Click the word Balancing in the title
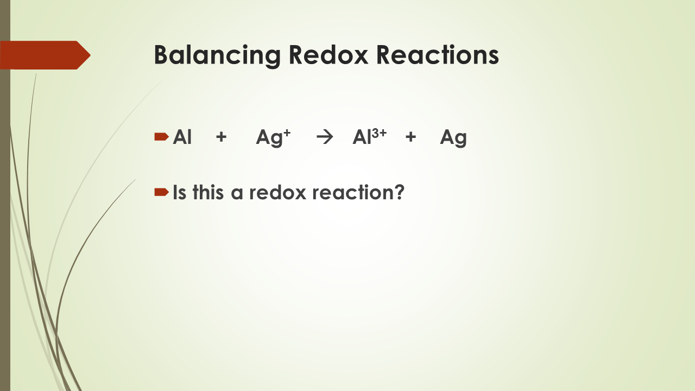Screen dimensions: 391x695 point(217,55)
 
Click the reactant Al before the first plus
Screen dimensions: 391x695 point(182,137)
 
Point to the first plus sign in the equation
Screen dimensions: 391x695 point(221,138)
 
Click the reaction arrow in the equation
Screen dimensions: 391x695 point(324,138)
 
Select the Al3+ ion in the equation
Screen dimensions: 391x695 point(369,137)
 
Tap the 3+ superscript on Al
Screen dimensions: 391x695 point(379,133)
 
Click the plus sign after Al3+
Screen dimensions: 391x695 point(410,138)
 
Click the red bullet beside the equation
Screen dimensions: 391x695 point(161,137)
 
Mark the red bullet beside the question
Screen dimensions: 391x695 point(161,191)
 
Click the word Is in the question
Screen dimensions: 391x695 point(179,192)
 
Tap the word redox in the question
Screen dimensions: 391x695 point(270,192)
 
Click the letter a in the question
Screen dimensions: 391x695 point(237,194)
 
